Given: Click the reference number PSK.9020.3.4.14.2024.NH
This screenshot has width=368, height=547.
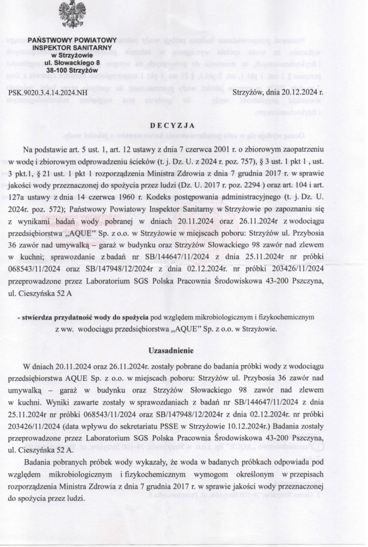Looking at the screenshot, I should click(x=48, y=92).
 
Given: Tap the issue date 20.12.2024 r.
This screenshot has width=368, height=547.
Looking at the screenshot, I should click(x=304, y=92).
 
